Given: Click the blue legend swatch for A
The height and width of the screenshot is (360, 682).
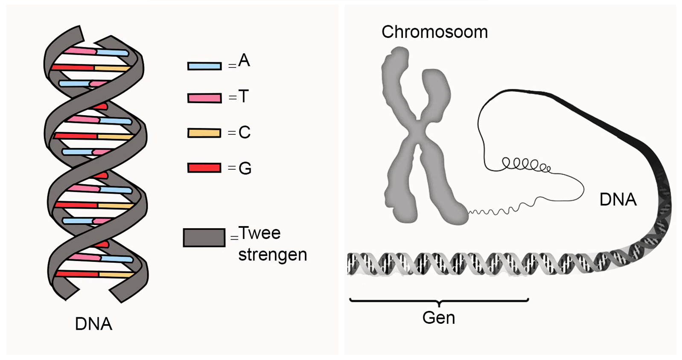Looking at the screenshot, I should [204, 66].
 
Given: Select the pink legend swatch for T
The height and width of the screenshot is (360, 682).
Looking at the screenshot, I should [204, 98].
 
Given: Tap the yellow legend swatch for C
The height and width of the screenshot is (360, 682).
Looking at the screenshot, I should [204, 133].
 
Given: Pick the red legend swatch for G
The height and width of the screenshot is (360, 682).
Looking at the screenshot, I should [204, 168].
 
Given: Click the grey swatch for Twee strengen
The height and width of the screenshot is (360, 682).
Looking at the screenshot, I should [204, 238].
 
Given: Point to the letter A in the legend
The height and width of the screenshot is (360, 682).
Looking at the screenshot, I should [244, 61].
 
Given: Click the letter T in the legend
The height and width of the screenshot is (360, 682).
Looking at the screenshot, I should [244, 96].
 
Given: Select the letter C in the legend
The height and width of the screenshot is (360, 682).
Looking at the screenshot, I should [245, 132].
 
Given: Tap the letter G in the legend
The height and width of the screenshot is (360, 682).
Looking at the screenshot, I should [245, 168].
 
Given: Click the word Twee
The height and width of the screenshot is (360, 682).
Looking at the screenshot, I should [259, 233].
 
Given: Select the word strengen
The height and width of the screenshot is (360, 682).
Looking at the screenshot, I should [272, 255].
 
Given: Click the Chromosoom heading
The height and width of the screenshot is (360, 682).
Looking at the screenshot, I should [434, 32].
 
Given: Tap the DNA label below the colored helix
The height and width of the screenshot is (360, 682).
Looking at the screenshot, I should [93, 324].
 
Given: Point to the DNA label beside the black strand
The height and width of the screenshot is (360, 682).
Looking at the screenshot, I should [618, 200].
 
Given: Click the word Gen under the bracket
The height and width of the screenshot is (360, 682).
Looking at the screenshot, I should [439, 318].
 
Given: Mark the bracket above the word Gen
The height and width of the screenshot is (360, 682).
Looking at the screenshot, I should [439, 301].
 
